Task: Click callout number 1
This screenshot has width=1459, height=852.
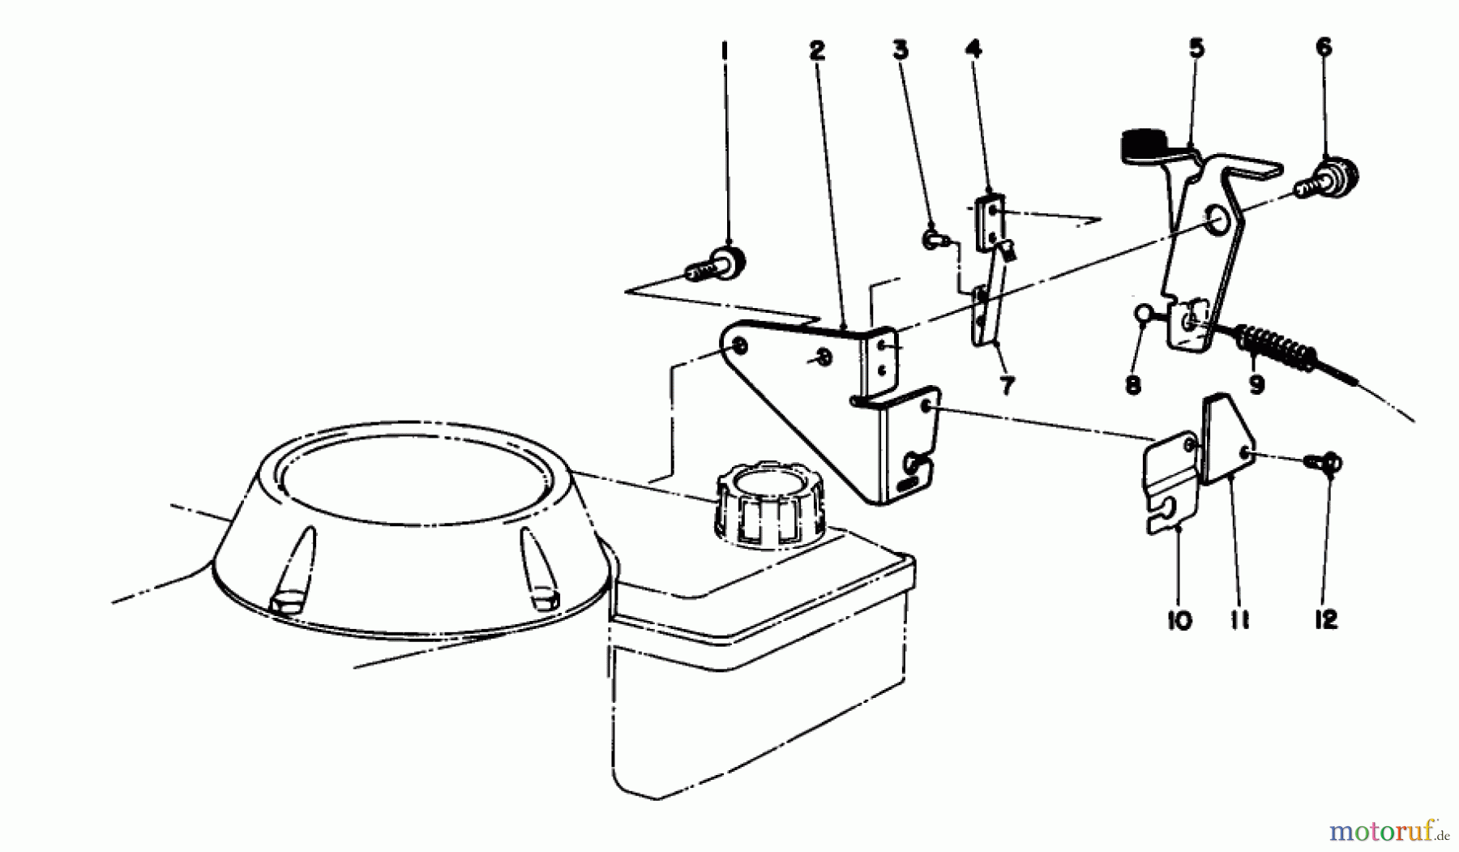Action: click(x=725, y=50)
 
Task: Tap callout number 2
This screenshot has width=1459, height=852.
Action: click(x=816, y=50)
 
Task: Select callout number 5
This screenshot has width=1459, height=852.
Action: click(x=1196, y=48)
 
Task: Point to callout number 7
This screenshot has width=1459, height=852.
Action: click(x=1007, y=386)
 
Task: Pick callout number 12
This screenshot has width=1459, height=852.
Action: click(x=1326, y=620)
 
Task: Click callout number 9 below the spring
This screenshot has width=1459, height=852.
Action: click(x=1256, y=383)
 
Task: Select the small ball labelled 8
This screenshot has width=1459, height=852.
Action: click(x=1144, y=312)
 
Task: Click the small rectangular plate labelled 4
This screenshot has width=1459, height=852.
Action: click(x=990, y=220)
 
